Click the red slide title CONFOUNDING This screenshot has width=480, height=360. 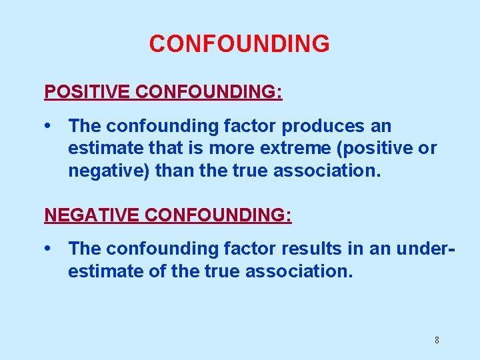239,44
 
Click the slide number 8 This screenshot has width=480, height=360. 437,340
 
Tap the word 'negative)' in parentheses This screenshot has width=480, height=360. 109,171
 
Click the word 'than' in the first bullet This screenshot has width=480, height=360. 175,171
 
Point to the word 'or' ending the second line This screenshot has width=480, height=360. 427,148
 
